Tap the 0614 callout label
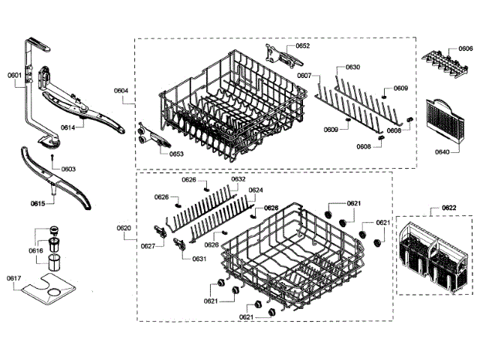68,127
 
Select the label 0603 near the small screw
68,169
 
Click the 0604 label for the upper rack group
121,91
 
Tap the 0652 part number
302,46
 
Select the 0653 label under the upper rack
176,154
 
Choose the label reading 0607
304,76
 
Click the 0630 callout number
352,67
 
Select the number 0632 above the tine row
238,179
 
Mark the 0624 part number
256,190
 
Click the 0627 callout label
148,245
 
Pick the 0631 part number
199,259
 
